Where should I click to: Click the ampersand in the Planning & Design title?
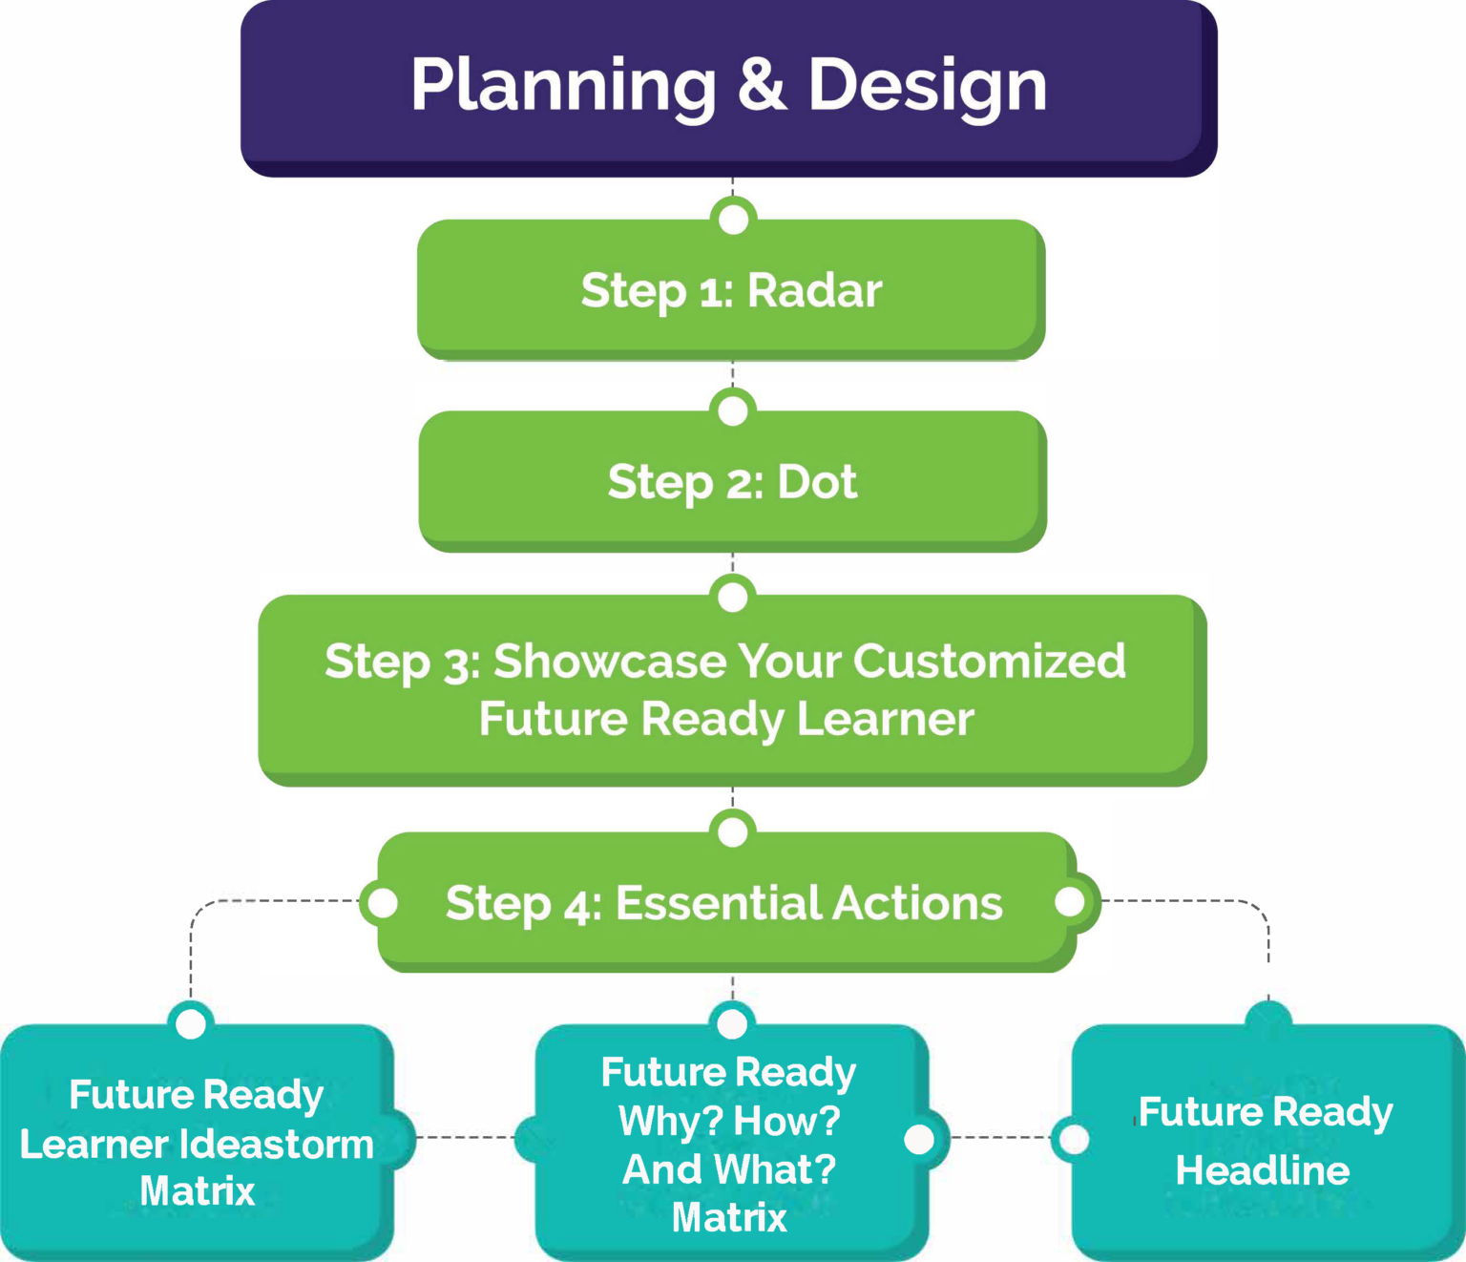(x=762, y=84)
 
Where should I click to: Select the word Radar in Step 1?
(x=814, y=290)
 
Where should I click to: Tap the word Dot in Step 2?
(x=817, y=482)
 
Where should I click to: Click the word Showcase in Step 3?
(x=609, y=661)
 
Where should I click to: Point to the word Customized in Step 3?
(x=990, y=661)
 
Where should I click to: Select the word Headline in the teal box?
(x=1263, y=1170)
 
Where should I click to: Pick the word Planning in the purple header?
(x=563, y=86)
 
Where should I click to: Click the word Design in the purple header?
(x=928, y=86)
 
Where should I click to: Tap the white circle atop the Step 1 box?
(x=733, y=219)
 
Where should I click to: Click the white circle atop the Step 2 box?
(x=733, y=410)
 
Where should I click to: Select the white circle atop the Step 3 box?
(x=733, y=597)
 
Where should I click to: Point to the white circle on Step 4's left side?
(x=383, y=902)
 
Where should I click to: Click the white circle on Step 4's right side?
(x=1070, y=901)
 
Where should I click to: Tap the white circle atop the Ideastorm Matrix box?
(x=191, y=1023)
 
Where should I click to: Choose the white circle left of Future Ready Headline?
(x=1075, y=1139)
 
